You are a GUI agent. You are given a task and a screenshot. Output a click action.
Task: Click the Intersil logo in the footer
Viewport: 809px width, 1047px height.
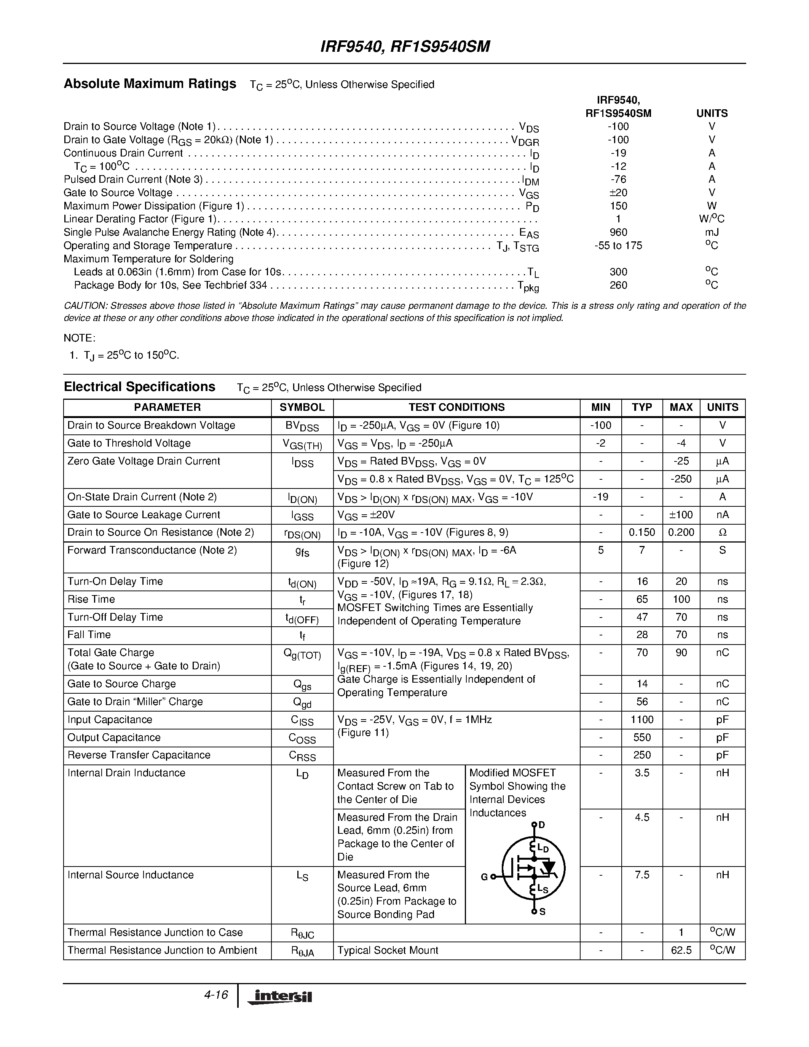[x=279, y=997]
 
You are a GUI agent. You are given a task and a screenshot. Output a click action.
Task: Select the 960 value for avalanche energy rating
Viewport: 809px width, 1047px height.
[x=618, y=232]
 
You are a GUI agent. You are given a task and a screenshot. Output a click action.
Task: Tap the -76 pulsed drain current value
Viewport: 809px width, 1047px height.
[x=618, y=179]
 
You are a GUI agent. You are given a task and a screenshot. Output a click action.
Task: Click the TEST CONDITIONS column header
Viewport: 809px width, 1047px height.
[x=456, y=407]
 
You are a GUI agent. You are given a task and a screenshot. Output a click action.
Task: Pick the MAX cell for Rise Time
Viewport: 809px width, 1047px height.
[x=681, y=599]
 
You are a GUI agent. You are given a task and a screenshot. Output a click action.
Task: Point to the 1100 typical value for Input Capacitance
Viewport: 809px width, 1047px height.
[x=642, y=720]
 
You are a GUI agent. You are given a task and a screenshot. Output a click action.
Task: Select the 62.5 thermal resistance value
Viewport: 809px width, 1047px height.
[x=681, y=950]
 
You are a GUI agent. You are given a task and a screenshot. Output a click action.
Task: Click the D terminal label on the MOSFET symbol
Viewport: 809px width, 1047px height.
[x=542, y=825]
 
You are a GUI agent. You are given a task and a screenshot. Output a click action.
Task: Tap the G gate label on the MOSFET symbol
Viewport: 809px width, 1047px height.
[x=484, y=877]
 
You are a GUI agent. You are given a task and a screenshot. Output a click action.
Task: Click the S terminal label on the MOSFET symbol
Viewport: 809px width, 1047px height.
[x=543, y=912]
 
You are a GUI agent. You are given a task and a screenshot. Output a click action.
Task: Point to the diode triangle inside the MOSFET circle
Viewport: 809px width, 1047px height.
[x=548, y=867]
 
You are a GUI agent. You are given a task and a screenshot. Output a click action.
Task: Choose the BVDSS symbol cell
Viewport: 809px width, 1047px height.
[x=302, y=426]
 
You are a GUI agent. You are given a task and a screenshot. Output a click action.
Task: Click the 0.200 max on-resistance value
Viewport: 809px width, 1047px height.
[x=681, y=532]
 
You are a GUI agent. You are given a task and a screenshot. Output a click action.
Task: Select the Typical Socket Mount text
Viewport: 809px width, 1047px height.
[x=387, y=950]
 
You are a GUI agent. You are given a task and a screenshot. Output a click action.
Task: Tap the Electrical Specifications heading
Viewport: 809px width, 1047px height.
[x=139, y=387]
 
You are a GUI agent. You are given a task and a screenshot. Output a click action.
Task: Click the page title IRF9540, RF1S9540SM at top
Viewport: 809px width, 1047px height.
[x=404, y=46]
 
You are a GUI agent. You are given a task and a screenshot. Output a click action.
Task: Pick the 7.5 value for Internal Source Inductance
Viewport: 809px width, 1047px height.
[x=642, y=875]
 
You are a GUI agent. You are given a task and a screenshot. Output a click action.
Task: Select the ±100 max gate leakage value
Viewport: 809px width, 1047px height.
[x=681, y=514]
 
